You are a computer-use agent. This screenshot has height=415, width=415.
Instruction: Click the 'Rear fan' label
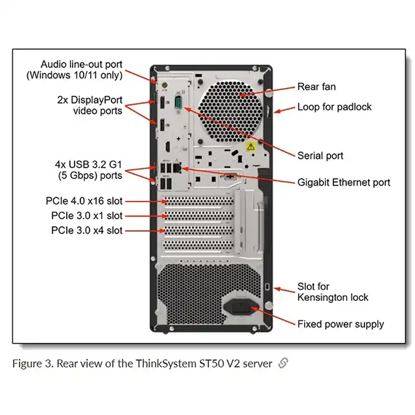pos(316,87)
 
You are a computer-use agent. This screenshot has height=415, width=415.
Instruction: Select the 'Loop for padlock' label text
pos(334,106)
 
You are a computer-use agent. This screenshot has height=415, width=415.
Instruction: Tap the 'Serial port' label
pos(320,156)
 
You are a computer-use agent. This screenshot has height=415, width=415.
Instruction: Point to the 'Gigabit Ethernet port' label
pos(344,182)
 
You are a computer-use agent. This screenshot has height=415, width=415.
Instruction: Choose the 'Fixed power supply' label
pos(340,324)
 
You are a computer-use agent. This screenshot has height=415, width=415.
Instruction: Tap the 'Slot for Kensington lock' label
pos(333,292)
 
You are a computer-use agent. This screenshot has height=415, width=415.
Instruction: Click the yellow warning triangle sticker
pos(250,148)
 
